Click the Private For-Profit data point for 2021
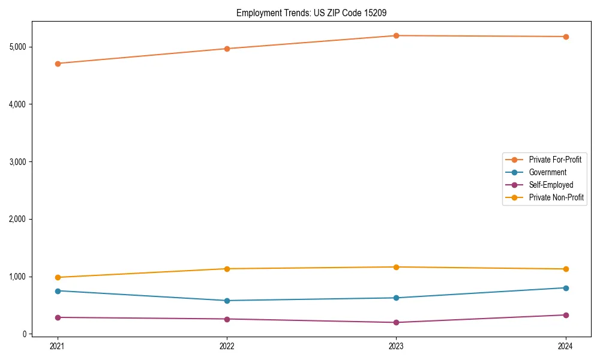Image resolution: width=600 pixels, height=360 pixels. click(58, 64)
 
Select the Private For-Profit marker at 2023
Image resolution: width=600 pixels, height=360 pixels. click(396, 36)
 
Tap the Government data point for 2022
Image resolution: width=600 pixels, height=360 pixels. click(227, 301)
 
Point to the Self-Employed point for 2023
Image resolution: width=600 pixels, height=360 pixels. click(396, 323)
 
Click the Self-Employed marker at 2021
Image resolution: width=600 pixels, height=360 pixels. click(58, 317)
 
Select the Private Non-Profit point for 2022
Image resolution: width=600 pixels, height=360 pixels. click(227, 269)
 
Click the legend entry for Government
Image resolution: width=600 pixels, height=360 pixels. click(547, 172)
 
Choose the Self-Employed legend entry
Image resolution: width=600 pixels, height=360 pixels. click(551, 185)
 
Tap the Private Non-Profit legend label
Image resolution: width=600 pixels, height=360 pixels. click(556, 197)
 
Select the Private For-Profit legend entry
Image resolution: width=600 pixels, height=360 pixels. click(554, 160)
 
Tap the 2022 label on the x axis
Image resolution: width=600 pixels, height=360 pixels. click(227, 346)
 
